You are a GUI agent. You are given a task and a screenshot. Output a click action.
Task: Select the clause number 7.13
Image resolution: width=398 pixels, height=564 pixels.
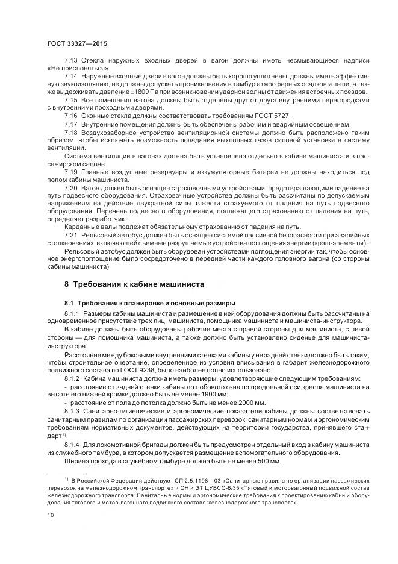(72, 62)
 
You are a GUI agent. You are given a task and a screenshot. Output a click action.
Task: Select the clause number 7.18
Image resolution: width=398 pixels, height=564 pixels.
(72, 131)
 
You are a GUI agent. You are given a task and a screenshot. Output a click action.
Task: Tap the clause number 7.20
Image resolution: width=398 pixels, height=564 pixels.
(72, 187)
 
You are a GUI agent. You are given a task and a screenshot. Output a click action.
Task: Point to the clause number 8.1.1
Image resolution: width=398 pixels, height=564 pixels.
(73, 313)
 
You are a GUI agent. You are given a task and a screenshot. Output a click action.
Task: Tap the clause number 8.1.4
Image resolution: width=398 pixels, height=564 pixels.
(73, 443)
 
